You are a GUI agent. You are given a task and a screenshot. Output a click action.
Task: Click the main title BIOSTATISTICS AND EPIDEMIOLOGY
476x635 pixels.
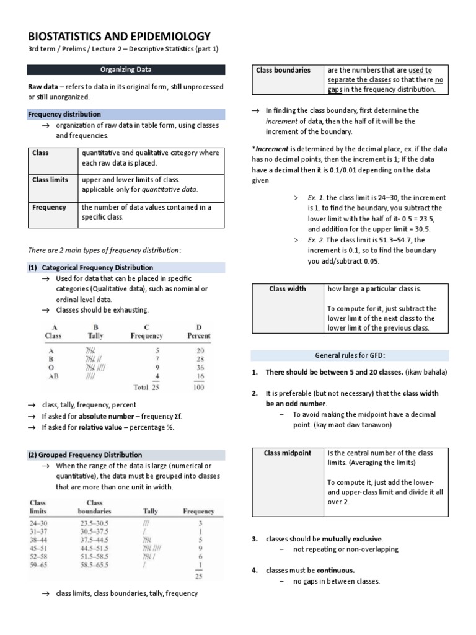pos(119,36)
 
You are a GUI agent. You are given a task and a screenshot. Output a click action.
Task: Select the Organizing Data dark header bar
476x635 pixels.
pos(126,70)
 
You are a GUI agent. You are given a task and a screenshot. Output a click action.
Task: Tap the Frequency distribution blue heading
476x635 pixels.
pos(64,115)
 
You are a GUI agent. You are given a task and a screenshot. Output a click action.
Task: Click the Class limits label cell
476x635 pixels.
pos(50,180)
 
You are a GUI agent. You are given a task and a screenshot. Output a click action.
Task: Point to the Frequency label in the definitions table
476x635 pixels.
pos(49,207)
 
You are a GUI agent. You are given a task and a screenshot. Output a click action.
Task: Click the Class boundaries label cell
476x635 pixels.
pos(283,70)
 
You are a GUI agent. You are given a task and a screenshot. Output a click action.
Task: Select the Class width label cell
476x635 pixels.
pos(287,289)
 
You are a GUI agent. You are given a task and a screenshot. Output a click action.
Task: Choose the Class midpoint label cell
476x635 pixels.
pos(287,453)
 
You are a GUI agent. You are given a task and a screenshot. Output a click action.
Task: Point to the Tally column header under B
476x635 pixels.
pos(95,335)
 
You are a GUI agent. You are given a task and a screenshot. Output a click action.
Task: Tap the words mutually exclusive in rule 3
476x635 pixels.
pos(352,539)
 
